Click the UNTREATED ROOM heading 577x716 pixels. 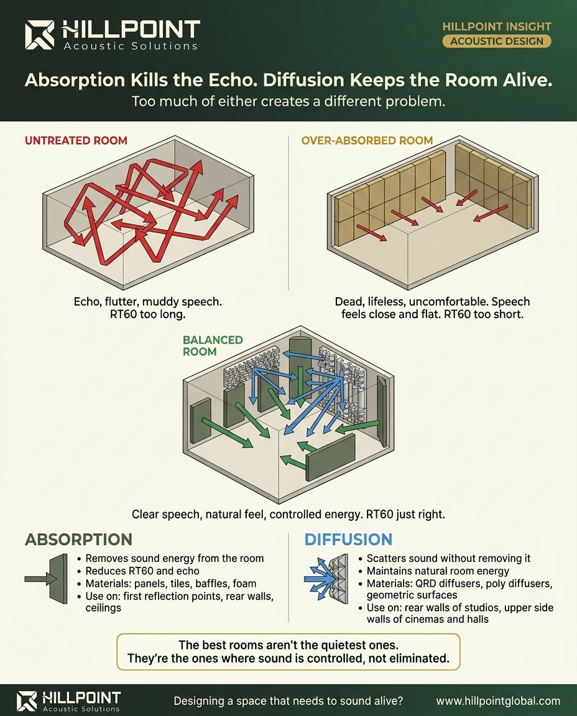76,140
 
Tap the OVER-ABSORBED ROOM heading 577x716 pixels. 367,140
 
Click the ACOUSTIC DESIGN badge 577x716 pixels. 496,42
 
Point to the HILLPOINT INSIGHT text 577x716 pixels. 496,27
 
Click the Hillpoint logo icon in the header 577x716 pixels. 40,35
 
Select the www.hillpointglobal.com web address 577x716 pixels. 497,700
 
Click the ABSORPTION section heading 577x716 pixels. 78,539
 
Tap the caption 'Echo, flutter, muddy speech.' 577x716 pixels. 147,301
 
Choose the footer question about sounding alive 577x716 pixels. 288,700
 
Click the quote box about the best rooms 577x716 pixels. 288,651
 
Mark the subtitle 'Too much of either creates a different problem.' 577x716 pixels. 288,101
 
